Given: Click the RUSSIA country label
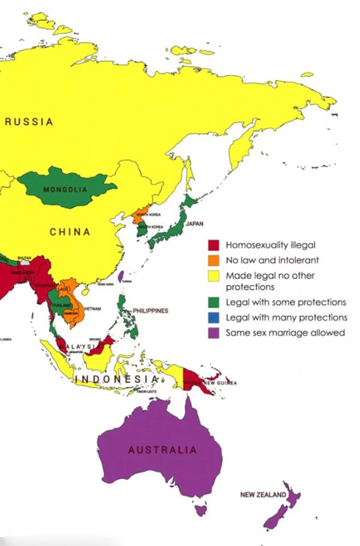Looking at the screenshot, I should pyautogui.click(x=29, y=122).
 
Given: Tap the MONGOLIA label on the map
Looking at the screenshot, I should pyautogui.click(x=65, y=190).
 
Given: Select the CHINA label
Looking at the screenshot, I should pyautogui.click(x=70, y=232).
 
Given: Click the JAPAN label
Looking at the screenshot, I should pyautogui.click(x=194, y=224).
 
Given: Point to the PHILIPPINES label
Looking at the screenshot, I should pyautogui.click(x=150, y=311).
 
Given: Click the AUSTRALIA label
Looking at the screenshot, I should pyautogui.click(x=163, y=450).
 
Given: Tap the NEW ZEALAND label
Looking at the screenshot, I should pyautogui.click(x=263, y=494).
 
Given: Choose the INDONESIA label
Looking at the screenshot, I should pyautogui.click(x=117, y=379).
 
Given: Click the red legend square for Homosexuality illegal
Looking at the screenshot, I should pyautogui.click(x=214, y=245).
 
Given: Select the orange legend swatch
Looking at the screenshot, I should pyautogui.click(x=214, y=260).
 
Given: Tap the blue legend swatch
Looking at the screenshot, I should pyautogui.click(x=214, y=317).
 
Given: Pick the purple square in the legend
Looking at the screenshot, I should pyautogui.click(x=214, y=333).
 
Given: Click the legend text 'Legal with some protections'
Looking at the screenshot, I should pyautogui.click(x=286, y=302).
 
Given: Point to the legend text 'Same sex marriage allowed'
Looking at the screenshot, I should pyautogui.click(x=285, y=333).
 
